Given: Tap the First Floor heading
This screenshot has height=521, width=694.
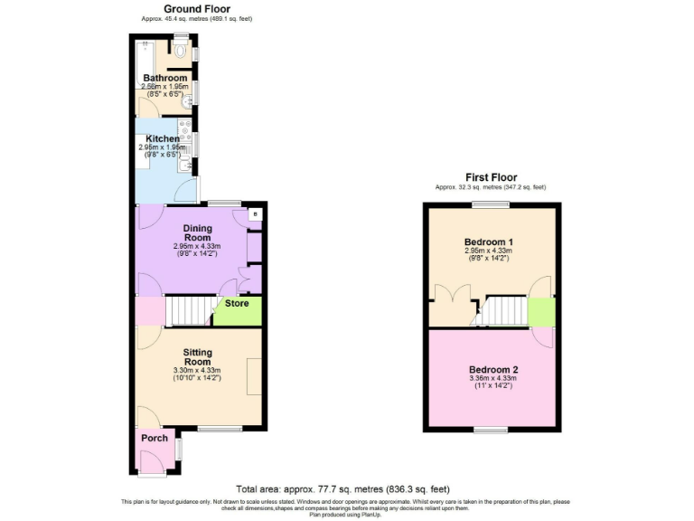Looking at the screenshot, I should click(x=491, y=177).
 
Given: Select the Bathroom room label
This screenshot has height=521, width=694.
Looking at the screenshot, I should click(x=164, y=79).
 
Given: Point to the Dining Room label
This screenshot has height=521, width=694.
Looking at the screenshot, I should click(x=197, y=232).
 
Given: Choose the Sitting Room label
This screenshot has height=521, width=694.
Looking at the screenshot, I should click(x=197, y=356).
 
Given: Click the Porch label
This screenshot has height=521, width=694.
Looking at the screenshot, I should click(x=154, y=439).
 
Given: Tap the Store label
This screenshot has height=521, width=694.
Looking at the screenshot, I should click(x=237, y=304).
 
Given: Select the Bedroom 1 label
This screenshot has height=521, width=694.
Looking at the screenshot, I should click(x=489, y=242).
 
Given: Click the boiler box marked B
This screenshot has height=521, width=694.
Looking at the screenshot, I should click(x=255, y=214).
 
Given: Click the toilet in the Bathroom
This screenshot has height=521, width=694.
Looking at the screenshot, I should click(x=181, y=52).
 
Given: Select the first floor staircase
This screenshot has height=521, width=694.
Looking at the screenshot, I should click(x=504, y=312).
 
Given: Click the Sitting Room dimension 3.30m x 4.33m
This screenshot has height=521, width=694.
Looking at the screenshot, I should click(x=197, y=370).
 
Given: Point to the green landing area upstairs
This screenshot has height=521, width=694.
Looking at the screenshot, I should click(x=540, y=312).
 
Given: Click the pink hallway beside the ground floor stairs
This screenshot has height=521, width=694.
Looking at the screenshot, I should click(x=149, y=311).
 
